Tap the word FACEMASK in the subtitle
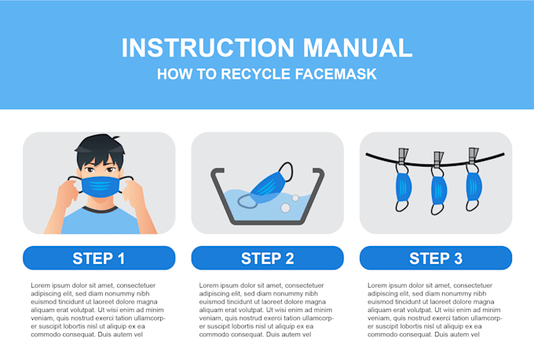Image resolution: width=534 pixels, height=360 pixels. click(337, 75)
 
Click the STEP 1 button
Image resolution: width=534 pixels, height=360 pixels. click(99, 258)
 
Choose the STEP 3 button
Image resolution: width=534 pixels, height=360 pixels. click(435, 258)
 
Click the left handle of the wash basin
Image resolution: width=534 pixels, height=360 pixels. click(214, 171)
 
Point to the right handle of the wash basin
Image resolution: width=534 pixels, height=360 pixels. click(318, 171)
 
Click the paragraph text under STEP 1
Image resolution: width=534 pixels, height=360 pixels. click(99, 310)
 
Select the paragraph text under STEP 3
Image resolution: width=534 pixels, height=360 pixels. click(435, 310)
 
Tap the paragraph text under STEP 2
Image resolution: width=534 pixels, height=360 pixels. click(267, 310)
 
